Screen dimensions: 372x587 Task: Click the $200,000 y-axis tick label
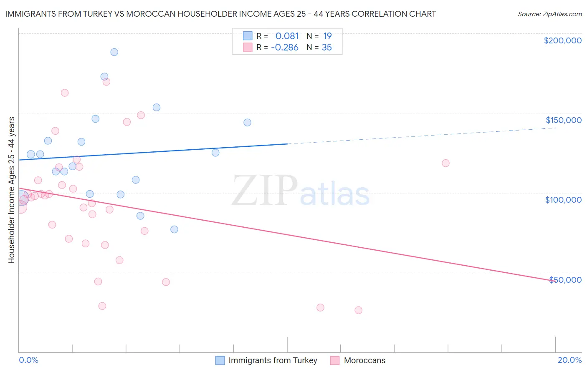pyautogui.click(x=562, y=40)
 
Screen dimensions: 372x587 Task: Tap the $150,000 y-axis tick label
pyautogui.click(x=563, y=120)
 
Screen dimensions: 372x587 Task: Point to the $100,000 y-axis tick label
pyautogui.click(x=563, y=200)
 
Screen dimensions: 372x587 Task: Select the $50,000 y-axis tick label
pyautogui.click(x=565, y=280)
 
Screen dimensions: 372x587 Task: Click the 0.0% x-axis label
pyautogui.click(x=28, y=360)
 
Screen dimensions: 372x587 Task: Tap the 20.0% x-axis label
pyautogui.click(x=569, y=360)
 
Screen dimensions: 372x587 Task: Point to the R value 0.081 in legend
pyautogui.click(x=287, y=36)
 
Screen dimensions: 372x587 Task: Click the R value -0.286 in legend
pyautogui.click(x=285, y=48)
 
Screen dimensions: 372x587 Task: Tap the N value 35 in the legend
pyautogui.click(x=326, y=48)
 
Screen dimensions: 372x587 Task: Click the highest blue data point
pyautogui.click(x=114, y=52)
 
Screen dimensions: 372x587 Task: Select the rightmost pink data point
pyautogui.click(x=445, y=163)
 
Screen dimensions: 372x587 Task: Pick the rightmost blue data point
pyautogui.click(x=247, y=123)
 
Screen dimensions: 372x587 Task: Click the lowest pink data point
pyautogui.click(x=358, y=310)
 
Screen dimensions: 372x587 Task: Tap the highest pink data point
pyautogui.click(x=106, y=82)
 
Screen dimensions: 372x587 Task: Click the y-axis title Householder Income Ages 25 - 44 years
pyautogui.click(x=11, y=190)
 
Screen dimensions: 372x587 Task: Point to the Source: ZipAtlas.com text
pyautogui.click(x=549, y=14)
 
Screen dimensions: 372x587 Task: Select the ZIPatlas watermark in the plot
pyautogui.click(x=301, y=191)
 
